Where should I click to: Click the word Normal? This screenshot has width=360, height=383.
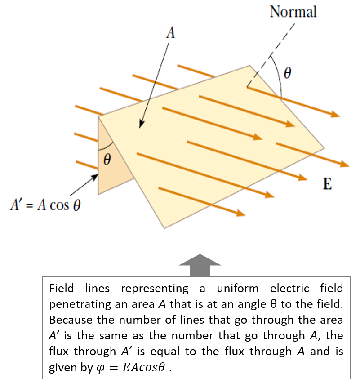click(293, 11)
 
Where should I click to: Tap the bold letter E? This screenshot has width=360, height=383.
click(328, 184)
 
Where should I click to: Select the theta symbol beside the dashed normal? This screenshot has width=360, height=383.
click(287, 73)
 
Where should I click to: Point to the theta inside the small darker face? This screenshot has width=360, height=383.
click(107, 159)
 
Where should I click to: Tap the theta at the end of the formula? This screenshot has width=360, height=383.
click(77, 206)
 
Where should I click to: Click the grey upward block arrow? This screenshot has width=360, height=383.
click(200, 265)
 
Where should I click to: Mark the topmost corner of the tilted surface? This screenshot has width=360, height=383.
click(250, 65)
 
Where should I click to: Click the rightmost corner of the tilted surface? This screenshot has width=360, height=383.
click(324, 147)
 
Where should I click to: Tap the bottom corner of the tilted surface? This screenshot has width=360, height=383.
click(164, 228)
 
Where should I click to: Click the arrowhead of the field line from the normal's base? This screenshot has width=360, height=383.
click(335, 115)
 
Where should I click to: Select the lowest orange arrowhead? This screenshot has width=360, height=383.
click(241, 214)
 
